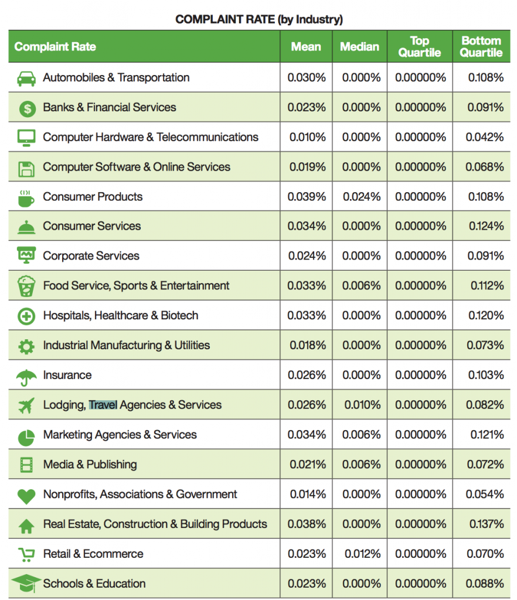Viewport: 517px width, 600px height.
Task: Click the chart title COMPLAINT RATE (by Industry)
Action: click(x=258, y=19)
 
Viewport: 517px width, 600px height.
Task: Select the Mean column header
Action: click(x=306, y=47)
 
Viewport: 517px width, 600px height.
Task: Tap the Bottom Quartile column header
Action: click(x=481, y=46)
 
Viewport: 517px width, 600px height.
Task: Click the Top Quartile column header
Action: click(x=420, y=46)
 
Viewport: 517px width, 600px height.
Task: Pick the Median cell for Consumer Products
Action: click(x=362, y=197)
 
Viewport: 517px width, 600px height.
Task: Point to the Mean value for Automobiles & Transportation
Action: click(x=307, y=77)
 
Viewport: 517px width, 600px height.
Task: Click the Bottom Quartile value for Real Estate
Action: click(x=487, y=524)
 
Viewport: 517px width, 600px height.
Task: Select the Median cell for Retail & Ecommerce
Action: click(x=362, y=554)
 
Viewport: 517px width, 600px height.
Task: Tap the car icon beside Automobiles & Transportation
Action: click(x=26, y=79)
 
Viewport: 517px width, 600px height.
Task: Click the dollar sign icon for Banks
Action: click(x=27, y=108)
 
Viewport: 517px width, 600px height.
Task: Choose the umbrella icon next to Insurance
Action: click(x=26, y=377)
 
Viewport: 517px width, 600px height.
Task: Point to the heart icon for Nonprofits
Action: click(x=26, y=496)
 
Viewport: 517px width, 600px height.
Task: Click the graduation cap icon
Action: click(x=26, y=583)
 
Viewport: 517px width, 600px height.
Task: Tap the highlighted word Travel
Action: click(x=103, y=404)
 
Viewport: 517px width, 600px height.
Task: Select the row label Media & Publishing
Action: click(x=90, y=464)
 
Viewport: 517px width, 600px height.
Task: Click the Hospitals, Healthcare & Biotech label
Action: click(x=121, y=315)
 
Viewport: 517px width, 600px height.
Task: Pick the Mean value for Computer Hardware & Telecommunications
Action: click(x=307, y=137)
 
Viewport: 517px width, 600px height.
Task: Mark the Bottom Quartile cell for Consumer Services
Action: click(x=487, y=226)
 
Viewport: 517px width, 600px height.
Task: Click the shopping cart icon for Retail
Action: click(x=26, y=554)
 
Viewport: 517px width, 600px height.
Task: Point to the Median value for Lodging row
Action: click(x=362, y=405)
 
